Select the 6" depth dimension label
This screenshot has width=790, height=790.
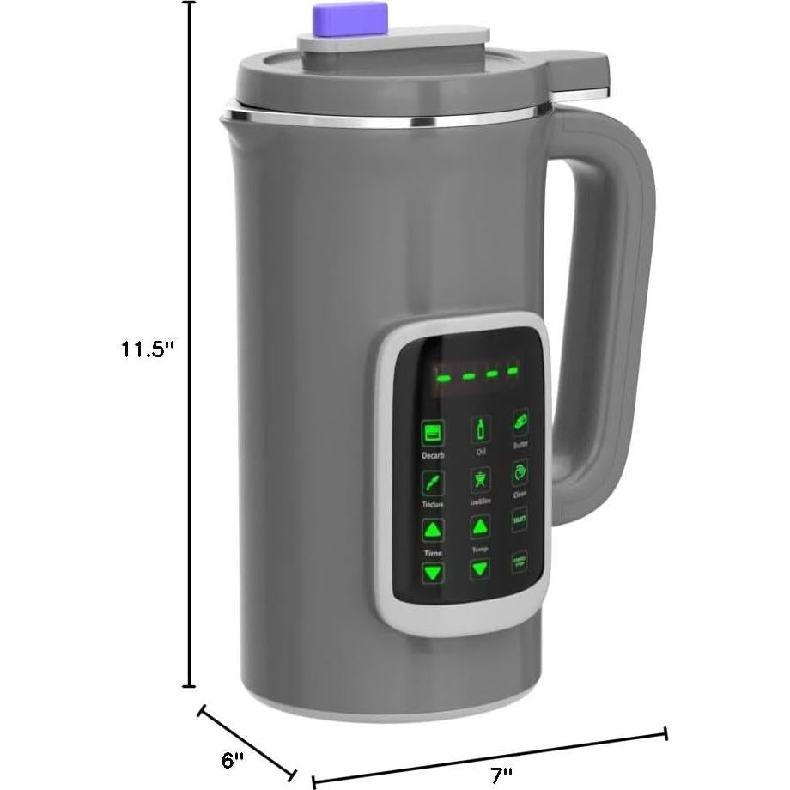click(x=233, y=759)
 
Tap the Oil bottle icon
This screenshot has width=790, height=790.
click(x=480, y=428)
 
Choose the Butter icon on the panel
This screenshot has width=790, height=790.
click(x=520, y=422)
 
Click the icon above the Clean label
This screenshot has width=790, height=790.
click(x=520, y=472)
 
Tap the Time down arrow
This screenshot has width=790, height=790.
click(x=434, y=572)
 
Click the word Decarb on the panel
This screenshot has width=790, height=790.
click(x=432, y=455)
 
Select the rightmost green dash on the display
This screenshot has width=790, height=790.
click(x=513, y=371)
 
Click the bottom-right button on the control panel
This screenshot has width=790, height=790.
click(x=520, y=562)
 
